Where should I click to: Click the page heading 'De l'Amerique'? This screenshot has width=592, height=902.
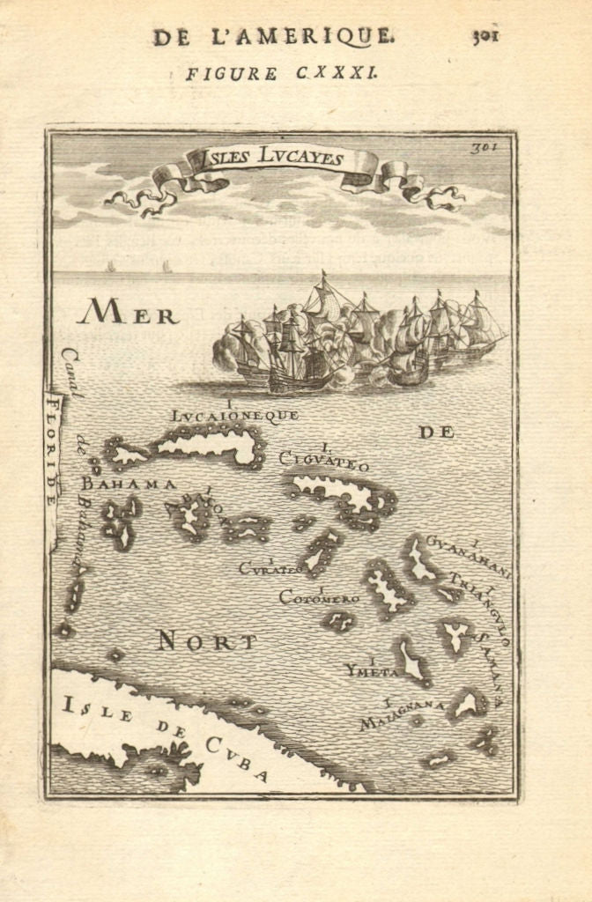(272, 36)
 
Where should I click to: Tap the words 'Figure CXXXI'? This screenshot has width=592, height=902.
(281, 74)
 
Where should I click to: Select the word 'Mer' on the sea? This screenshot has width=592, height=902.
(127, 313)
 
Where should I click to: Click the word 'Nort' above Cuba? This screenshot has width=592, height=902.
(207, 641)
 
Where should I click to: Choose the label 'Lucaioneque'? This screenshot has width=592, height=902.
(235, 413)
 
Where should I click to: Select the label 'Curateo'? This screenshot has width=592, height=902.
(270, 568)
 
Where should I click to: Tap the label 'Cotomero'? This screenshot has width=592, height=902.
(319, 598)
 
